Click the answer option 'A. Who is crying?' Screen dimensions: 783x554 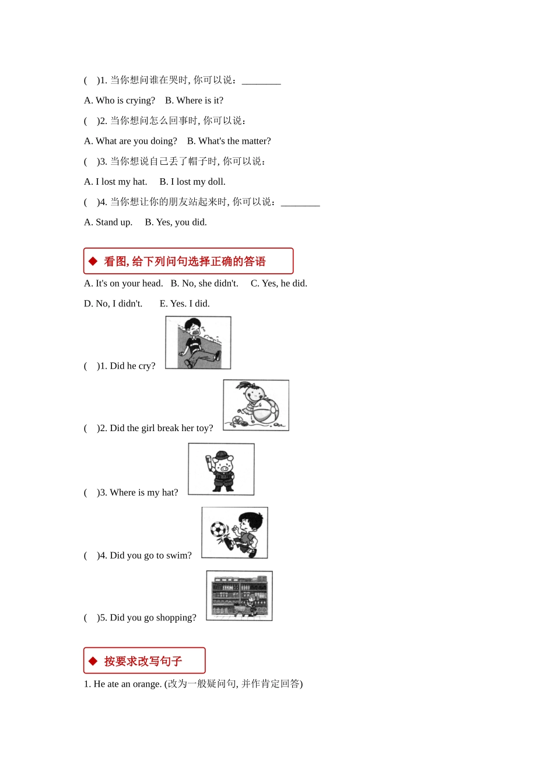tap(120, 101)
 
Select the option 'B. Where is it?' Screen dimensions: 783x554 tap(194, 101)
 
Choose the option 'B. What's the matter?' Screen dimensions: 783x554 tap(229, 142)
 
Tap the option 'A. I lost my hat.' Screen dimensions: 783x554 tap(115, 182)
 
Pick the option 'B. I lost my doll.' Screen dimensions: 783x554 tap(192, 182)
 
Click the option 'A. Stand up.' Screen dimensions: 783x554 tap(108, 223)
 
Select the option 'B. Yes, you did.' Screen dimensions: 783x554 tap(176, 223)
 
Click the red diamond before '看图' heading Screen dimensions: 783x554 tap(93, 262)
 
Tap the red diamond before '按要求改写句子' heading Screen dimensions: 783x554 tap(93, 661)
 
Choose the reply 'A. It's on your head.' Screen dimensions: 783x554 tap(123, 284)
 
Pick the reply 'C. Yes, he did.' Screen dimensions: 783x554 tap(279, 284)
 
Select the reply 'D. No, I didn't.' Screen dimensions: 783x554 tap(113, 304)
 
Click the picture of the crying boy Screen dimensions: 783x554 tap(198, 343)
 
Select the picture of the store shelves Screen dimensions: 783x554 tap(239, 595)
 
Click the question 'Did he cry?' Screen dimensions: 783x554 tap(132, 366)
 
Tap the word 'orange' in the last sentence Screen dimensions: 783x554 tap(148, 684)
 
